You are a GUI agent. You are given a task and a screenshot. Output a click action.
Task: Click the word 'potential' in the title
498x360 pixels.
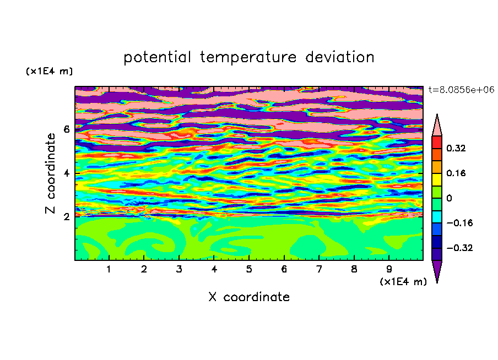[157, 57]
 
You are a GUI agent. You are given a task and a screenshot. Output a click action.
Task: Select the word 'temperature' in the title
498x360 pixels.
[248, 57]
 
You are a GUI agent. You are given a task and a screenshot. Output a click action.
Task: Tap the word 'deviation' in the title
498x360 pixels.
[340, 57]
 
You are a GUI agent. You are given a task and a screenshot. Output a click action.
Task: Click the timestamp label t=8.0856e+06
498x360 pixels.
[462, 90]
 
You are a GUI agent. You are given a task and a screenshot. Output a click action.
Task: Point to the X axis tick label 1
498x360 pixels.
[109, 270]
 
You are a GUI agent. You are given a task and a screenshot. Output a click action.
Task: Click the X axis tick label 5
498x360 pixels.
[249, 270]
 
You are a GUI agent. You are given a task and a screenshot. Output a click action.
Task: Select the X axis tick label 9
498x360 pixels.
[389, 270]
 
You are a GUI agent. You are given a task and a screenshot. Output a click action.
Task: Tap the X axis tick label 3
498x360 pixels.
[179, 270]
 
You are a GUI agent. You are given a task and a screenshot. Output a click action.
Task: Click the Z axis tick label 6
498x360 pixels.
[67, 129]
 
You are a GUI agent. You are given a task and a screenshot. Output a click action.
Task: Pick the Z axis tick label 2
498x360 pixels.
[67, 217]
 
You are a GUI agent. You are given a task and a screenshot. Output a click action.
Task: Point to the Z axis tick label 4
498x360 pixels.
[67, 173]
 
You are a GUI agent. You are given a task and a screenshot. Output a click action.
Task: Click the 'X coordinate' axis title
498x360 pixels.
[249, 297]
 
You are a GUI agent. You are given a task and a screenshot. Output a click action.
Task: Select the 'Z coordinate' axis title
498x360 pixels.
[50, 173]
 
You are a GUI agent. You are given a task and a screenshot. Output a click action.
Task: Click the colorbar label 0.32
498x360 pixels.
[456, 148]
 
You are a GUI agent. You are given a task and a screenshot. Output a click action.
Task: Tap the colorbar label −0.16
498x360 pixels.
[459, 223]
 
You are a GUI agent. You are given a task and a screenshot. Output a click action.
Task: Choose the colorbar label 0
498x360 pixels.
[449, 198]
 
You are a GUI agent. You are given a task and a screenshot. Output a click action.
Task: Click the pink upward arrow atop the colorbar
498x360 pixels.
[437, 126]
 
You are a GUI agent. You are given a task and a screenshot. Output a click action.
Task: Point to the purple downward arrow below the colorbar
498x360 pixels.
[437, 270]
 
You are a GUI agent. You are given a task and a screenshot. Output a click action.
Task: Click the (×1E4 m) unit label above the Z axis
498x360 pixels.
[49, 71]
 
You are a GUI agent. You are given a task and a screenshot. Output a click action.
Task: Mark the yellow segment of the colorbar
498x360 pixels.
[437, 179]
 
